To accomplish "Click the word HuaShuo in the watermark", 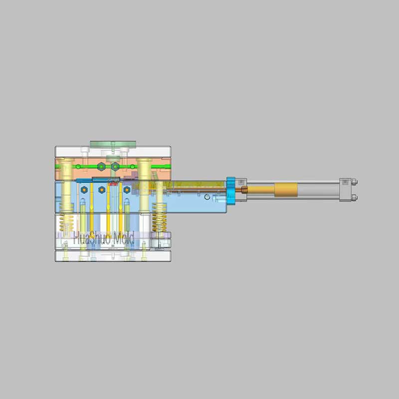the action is [x=92, y=238].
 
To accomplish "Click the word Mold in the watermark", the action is [x=124, y=238].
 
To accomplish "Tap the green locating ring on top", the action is [x=113, y=144].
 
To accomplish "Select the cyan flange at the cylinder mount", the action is [x=231, y=190].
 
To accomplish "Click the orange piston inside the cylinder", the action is [x=286, y=190].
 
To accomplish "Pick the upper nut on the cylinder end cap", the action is [x=354, y=182].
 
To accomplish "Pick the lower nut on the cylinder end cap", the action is [x=354, y=198].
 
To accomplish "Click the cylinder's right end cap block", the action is [x=345, y=190].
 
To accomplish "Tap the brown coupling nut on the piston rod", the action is [x=244, y=190].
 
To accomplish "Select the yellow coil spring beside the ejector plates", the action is [x=160, y=217].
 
